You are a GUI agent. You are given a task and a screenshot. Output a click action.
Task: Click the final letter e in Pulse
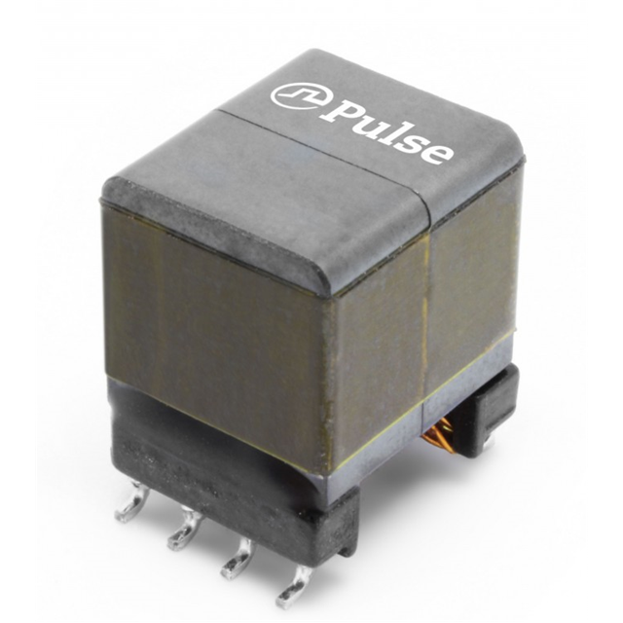point(437,151)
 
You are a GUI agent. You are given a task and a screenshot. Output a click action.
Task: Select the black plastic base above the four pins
point(224,477)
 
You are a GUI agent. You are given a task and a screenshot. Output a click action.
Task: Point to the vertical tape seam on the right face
point(427,311)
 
